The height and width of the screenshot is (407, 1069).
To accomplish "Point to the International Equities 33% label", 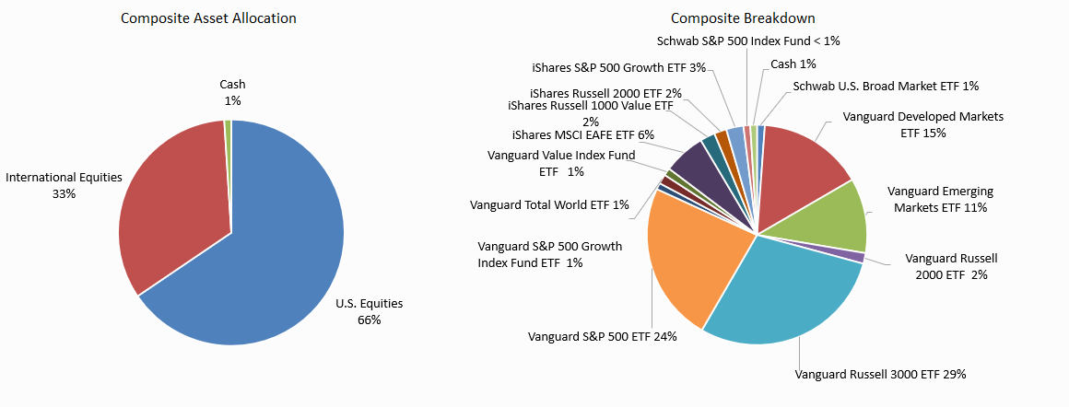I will coord(64,185).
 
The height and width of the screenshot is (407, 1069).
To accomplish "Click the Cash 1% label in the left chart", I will coord(232,93).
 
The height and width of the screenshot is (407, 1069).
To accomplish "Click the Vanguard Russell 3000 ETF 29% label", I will coord(880,375).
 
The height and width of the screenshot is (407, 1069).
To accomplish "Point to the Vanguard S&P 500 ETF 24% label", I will coord(603,337).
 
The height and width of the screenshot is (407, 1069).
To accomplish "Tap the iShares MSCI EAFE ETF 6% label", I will coord(582,135).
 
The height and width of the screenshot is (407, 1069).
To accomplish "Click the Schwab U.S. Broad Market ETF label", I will coord(886,86).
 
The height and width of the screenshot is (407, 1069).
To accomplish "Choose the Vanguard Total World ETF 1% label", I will coord(549,204).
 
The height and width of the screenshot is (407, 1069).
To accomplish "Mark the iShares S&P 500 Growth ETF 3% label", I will coord(619,67).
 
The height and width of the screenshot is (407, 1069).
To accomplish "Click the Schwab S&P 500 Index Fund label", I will coord(748,41).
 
